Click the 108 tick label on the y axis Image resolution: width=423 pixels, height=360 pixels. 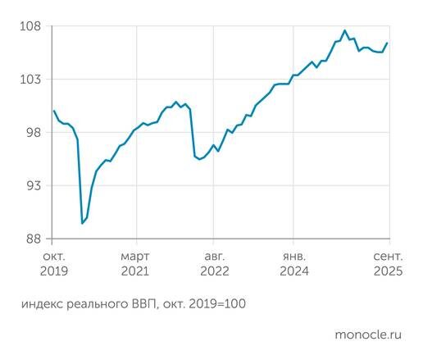pos(30,26)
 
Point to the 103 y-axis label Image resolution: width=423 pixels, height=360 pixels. pos(30,80)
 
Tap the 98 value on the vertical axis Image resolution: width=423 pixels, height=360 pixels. pos(33,133)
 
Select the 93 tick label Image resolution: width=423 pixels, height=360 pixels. pos(33,186)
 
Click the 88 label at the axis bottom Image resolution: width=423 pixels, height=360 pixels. pos(33,239)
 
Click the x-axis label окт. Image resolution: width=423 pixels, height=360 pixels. pos(52,256)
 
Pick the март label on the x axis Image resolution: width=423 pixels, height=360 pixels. pos(134,256)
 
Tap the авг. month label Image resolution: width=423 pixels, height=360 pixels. pos(214,256)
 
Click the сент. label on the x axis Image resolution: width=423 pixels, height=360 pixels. pos(387,256)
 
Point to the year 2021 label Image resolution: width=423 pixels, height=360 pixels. pos(134,271)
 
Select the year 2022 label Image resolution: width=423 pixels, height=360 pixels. pos(214,271)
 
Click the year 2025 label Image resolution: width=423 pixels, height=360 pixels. pos(387,271)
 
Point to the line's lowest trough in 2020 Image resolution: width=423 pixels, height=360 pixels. pos(82,223)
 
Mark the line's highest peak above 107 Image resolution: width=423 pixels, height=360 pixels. pos(344,31)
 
